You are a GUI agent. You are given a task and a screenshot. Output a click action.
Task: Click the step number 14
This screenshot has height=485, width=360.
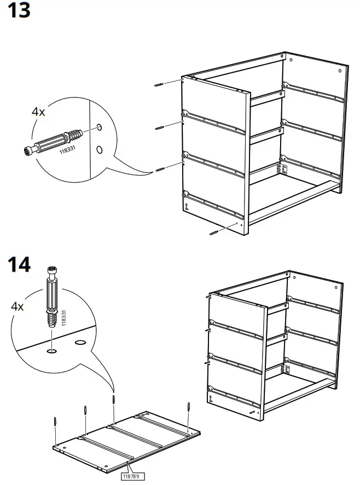point(19,265)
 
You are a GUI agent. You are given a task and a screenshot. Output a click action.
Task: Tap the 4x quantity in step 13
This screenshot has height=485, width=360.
point(38,112)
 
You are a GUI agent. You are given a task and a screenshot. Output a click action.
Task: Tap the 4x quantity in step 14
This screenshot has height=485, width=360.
point(18,307)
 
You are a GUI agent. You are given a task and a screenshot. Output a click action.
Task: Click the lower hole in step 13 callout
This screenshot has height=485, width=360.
point(99,149)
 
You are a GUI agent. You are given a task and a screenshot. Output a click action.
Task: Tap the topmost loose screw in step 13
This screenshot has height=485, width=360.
point(159,85)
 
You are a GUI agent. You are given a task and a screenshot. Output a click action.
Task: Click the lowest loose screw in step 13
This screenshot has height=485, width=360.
point(213,233)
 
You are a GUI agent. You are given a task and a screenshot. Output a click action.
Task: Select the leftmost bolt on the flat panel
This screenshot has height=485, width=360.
point(56,424)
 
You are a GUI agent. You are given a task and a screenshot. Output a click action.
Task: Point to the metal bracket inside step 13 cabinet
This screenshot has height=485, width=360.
point(283,169)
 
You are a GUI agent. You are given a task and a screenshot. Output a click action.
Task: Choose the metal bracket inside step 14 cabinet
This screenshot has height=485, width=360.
point(284,370)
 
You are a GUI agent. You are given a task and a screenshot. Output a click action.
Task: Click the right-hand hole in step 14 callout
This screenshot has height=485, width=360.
point(80,342)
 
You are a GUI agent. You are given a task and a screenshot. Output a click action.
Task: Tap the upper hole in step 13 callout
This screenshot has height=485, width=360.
point(99,127)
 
